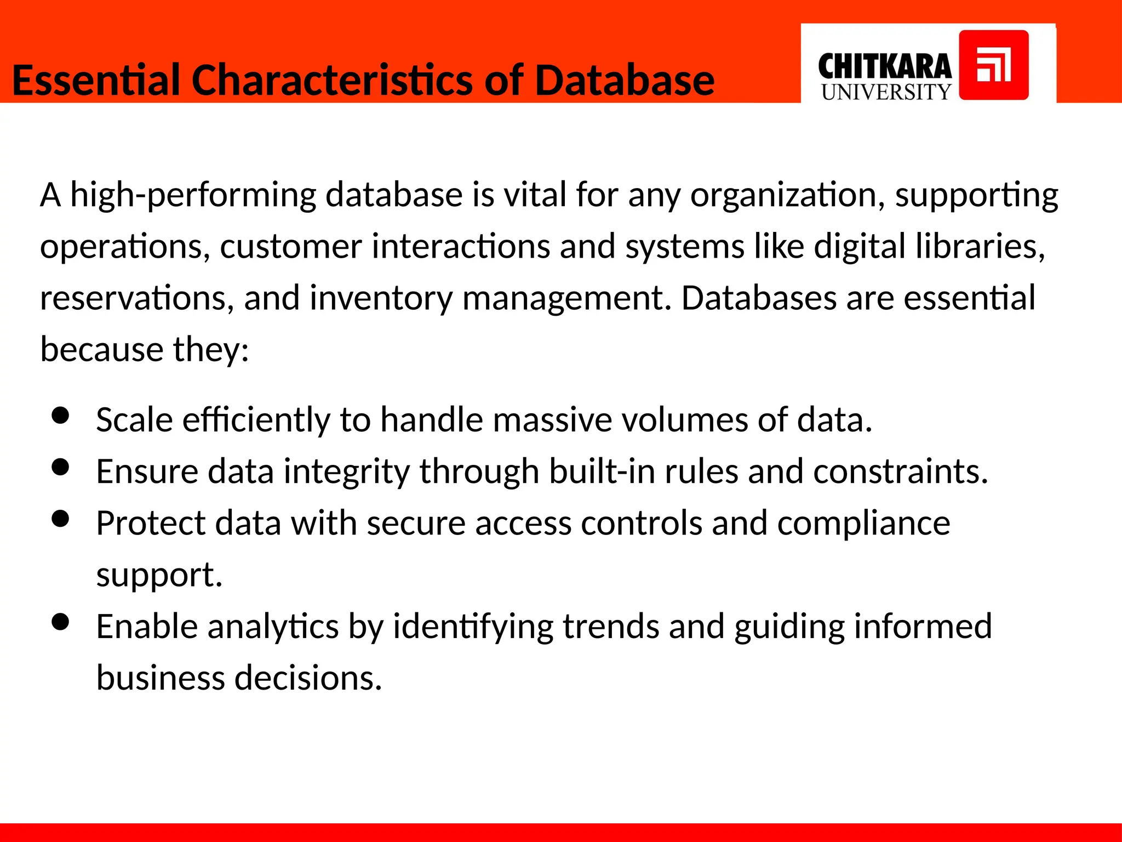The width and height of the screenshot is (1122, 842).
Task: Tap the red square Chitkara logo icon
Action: tap(993, 65)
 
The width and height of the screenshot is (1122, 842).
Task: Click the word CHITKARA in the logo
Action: tap(884, 67)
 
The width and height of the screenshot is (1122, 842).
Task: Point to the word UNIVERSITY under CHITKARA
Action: tap(886, 92)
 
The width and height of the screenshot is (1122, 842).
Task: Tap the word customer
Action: tap(291, 246)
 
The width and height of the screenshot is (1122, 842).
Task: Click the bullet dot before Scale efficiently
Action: tap(60, 416)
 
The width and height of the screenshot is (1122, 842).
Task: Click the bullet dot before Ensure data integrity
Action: tap(60, 467)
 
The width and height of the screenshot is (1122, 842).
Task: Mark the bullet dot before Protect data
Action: tap(60, 519)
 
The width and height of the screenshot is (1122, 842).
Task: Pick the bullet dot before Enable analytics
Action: tap(60, 622)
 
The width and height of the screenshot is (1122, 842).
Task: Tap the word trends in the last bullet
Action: tap(610, 626)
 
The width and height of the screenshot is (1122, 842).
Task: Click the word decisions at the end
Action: tap(308, 678)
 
